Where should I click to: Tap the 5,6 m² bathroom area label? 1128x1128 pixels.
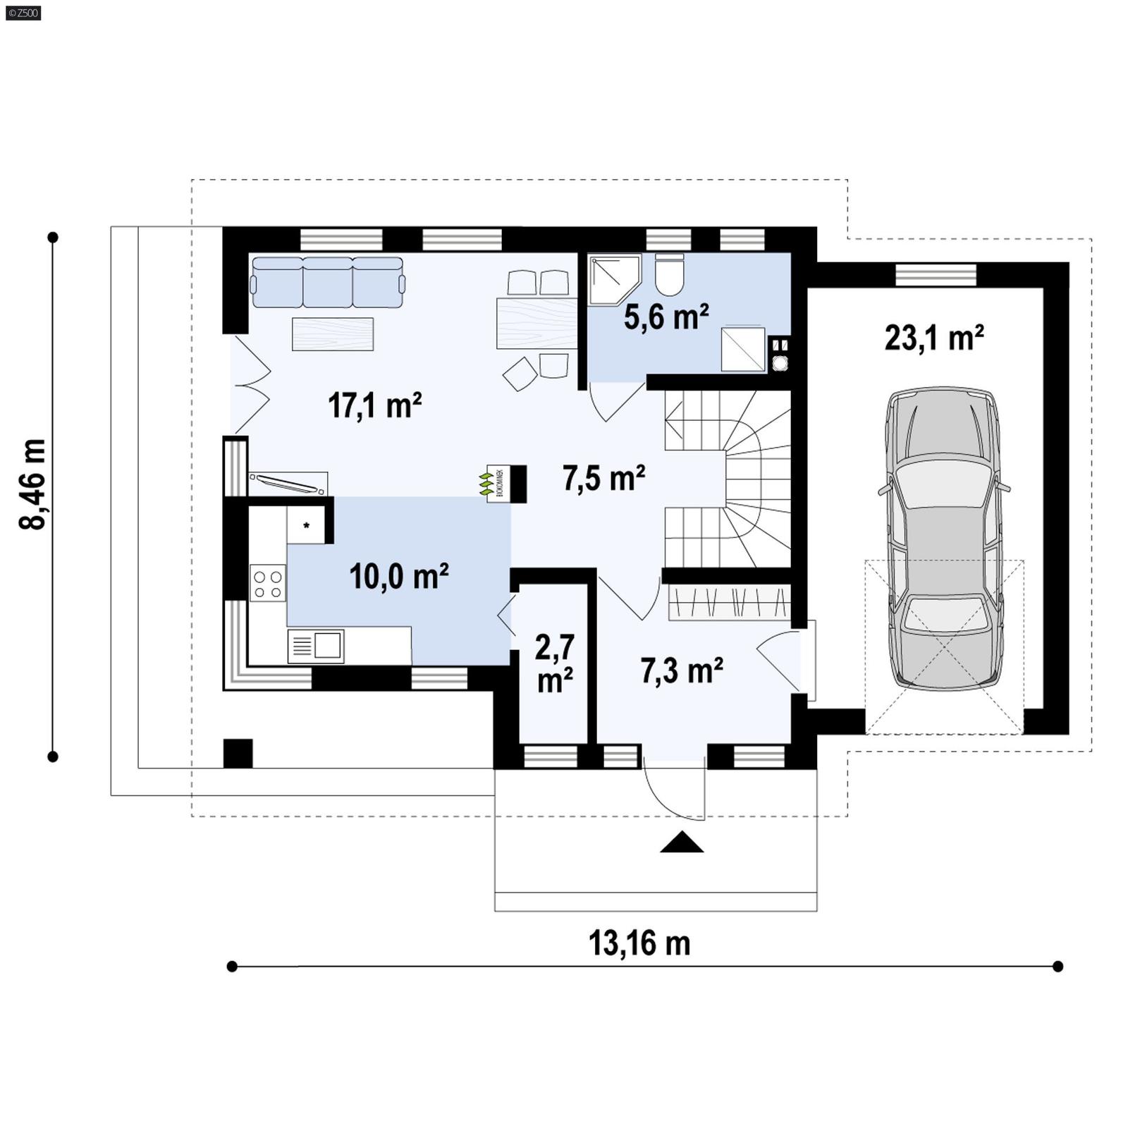tap(666, 317)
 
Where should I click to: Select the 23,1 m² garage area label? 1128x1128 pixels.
tap(933, 338)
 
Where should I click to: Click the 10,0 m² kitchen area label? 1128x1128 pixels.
tap(399, 577)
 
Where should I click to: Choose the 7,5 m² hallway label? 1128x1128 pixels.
tap(603, 479)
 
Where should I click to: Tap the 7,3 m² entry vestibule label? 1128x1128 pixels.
tap(681, 670)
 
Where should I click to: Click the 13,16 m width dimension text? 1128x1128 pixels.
tap(639, 943)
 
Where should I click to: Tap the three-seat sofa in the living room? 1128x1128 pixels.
tap(328, 282)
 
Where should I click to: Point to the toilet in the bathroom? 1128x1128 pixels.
tap(669, 275)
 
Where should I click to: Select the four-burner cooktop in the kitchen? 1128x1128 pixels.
tap(268, 583)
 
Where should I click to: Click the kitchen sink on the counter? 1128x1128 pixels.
tap(327, 645)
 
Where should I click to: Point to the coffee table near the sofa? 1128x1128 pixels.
tap(333, 333)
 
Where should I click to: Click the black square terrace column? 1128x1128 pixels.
tap(238, 753)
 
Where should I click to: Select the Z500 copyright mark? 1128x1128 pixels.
tap(23, 12)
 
